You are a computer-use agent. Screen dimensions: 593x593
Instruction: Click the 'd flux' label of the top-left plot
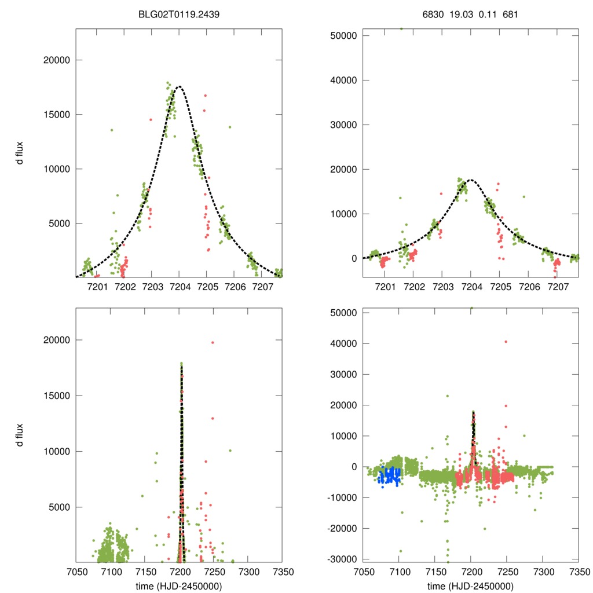tap(20, 153)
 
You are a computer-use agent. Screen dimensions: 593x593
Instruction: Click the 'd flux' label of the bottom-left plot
tap(20, 435)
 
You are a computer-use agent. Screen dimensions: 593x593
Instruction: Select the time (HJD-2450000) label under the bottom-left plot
tap(179, 586)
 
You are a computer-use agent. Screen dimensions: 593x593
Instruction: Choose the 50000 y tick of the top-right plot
tap(341, 36)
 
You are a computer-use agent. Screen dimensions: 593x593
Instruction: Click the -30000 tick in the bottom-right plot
tap(339, 559)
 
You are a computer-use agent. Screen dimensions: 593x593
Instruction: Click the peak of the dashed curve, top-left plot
tap(179, 87)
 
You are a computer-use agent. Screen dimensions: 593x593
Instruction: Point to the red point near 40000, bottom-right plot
tap(506, 342)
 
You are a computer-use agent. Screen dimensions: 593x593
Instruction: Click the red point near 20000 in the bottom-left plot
tap(213, 342)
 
